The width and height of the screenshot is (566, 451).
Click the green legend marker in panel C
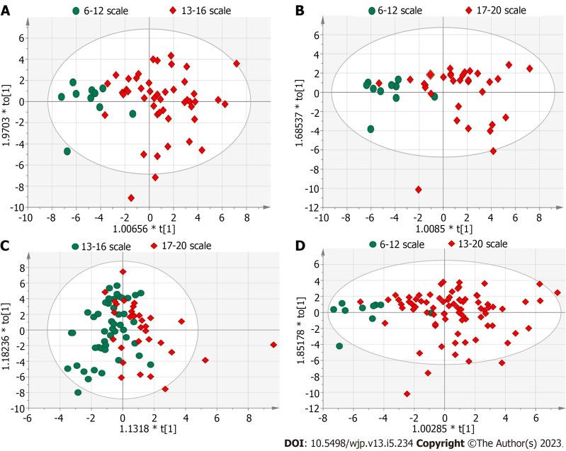[x=76, y=246]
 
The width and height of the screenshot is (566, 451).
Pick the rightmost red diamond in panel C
[x=273, y=345]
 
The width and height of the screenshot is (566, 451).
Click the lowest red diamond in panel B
[x=419, y=189]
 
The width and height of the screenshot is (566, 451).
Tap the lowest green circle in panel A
[x=67, y=152]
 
